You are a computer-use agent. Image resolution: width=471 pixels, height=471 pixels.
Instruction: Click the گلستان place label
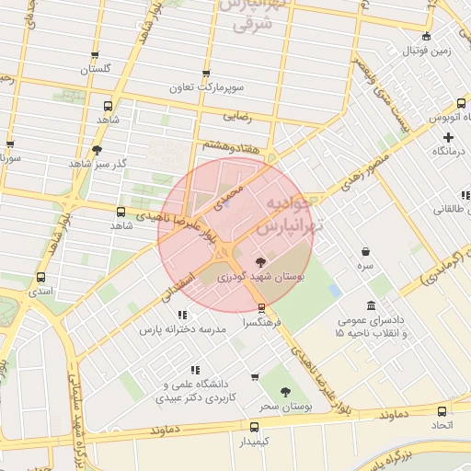coord(96,70)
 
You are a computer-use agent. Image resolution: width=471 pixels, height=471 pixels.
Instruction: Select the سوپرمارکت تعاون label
coord(206,88)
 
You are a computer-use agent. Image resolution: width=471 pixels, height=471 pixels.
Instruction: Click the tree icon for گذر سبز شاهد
coord(98,149)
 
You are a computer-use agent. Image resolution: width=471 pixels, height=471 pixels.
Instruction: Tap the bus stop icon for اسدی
coord(40,277)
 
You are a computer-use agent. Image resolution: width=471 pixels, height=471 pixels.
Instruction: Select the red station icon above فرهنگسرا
coord(262,307)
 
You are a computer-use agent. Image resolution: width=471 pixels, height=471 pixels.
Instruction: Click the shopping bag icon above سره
coord(366,251)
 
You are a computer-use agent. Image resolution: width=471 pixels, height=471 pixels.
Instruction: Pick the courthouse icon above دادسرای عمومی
coord(371,305)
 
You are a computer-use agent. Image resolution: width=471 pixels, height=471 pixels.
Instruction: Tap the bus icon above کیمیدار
coord(255,426)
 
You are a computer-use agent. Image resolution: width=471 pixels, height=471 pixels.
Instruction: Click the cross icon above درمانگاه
coord(448,136)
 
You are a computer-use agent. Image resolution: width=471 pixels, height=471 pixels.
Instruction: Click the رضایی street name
coord(237,117)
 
